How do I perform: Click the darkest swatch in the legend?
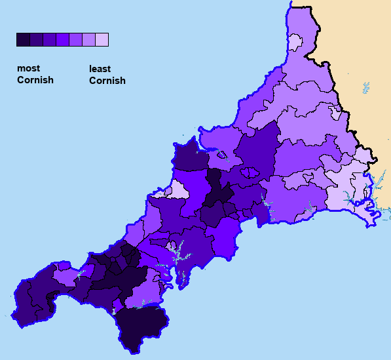coord(23,40)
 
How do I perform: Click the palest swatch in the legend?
coord(102,40)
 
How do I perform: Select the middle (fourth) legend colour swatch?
coord(62,40)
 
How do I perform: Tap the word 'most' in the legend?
coord(28,68)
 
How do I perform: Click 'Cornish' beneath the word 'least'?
coord(107,81)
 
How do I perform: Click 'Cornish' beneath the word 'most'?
coord(35,80)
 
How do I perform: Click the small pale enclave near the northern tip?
coord(294,43)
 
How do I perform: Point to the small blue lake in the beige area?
coord(365,87)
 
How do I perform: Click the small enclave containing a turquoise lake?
coord(222,155)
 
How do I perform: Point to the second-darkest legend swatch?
coord(36,40)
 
